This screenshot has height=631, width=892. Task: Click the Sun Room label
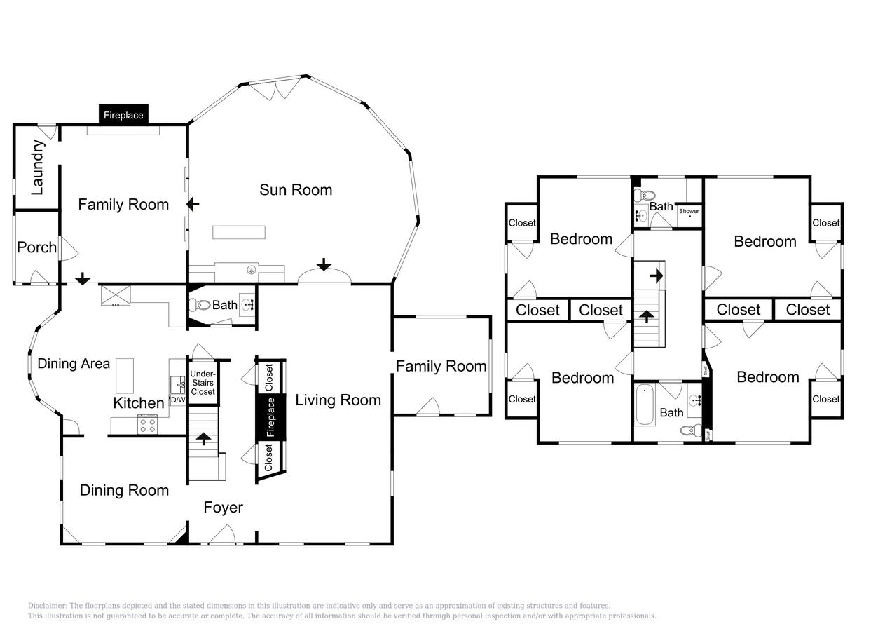[x=296, y=190]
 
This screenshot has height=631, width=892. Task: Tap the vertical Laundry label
[x=38, y=167]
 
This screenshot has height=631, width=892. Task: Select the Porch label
[x=36, y=247]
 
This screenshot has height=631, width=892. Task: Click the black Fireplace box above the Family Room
[x=123, y=115]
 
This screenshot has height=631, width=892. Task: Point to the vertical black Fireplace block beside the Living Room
[x=270, y=417]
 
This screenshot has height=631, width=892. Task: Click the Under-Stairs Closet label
[x=203, y=383]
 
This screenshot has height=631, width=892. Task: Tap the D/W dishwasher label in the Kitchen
[x=178, y=400]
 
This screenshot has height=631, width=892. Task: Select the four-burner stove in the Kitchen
[x=147, y=424]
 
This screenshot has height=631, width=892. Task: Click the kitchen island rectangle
[x=125, y=376]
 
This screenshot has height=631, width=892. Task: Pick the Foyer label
[x=223, y=508]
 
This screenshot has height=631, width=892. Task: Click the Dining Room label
[x=124, y=491]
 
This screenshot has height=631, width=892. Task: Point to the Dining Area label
[x=74, y=364]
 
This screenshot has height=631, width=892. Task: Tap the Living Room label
[x=338, y=400]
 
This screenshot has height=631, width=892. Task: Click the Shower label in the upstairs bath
[x=689, y=211]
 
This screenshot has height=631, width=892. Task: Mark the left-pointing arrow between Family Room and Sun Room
[x=193, y=204]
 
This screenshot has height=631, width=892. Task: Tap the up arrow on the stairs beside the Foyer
[x=203, y=439]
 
